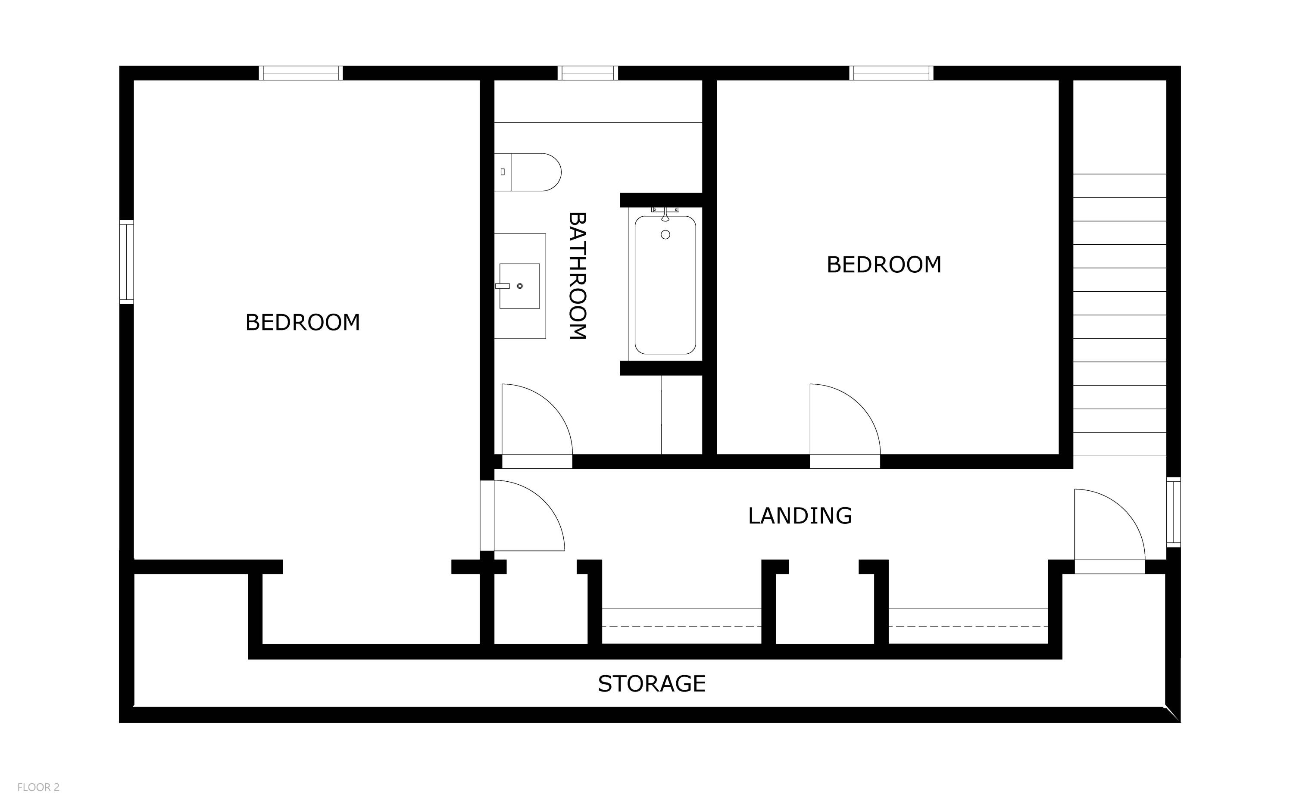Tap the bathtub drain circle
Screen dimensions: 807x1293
(665, 235)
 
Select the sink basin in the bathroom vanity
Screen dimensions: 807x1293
(519, 286)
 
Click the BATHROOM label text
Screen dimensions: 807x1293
(577, 276)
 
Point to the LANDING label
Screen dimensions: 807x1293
(800, 516)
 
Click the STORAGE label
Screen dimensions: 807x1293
(651, 684)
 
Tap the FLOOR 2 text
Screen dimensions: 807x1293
(38, 787)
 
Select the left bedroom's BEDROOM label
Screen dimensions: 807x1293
(302, 322)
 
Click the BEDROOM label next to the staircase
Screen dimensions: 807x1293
(884, 265)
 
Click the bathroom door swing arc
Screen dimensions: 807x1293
(537, 422)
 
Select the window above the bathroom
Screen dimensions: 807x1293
(588, 73)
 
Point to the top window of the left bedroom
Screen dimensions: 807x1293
(300, 73)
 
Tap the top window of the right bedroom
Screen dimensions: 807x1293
(891, 73)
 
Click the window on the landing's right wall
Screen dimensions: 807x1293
(1173, 512)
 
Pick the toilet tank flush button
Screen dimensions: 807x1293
(503, 172)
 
